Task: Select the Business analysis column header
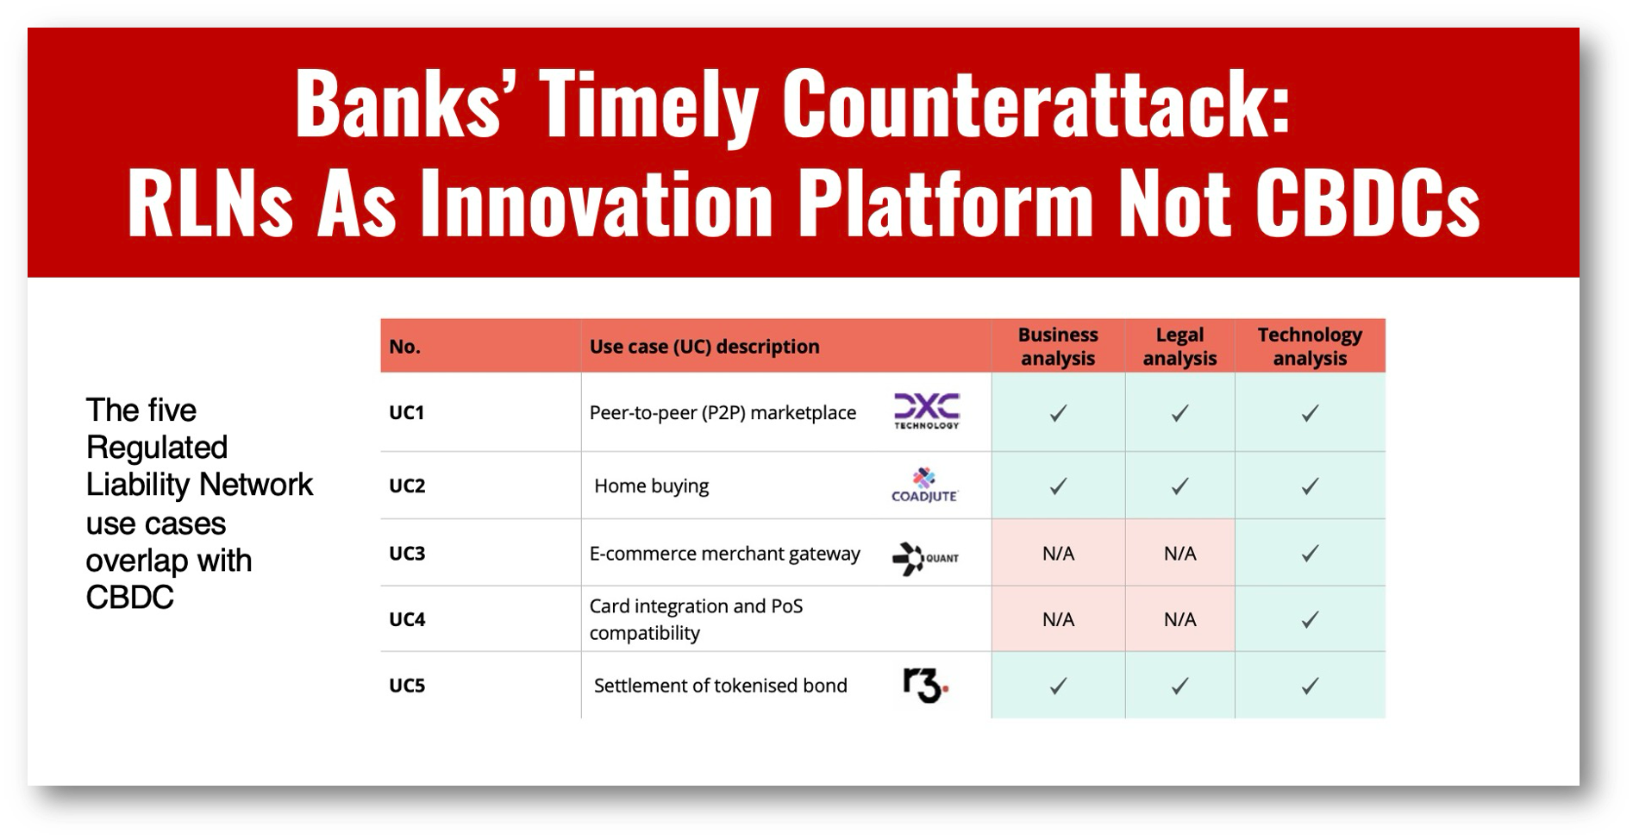[1058, 346]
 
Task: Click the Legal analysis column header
[1179, 346]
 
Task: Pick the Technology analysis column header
[1310, 346]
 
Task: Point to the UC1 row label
[407, 412]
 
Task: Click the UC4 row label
[407, 619]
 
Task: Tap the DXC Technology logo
[927, 411]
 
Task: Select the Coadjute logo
[924, 485]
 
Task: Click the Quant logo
[925, 558]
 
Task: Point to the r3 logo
[925, 686]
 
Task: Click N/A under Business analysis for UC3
[1058, 554]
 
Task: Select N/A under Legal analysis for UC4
[1179, 619]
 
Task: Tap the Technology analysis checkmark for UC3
[1310, 554]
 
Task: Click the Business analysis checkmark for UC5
[1058, 686]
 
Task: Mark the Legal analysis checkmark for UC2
[1179, 486]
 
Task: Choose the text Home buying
[651, 486]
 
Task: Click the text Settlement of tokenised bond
[720, 686]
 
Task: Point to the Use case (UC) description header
[704, 347]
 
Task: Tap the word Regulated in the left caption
[157, 448]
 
